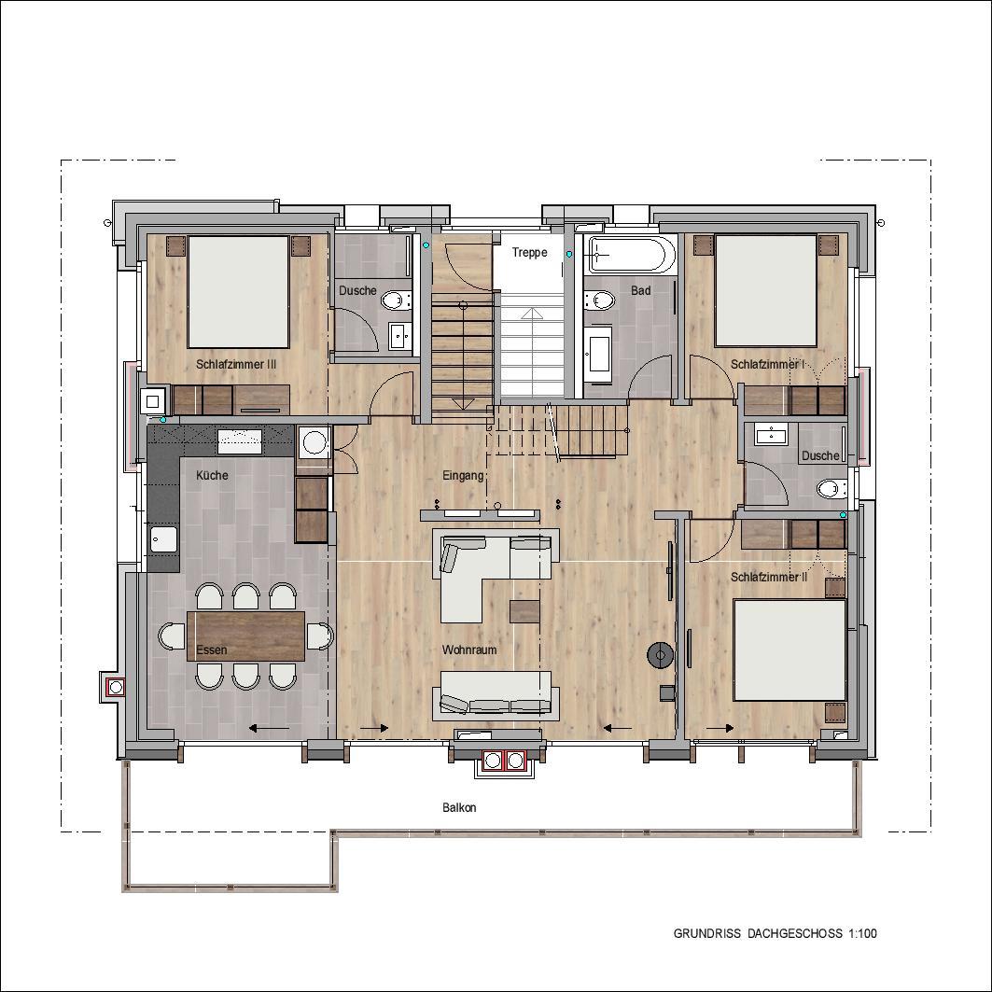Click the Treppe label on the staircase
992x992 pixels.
click(x=529, y=252)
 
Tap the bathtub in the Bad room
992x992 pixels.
click(x=627, y=255)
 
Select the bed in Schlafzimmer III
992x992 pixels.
click(x=239, y=292)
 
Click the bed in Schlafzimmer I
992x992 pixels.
click(x=765, y=290)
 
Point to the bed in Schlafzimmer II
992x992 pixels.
click(x=789, y=650)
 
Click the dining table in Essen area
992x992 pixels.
click(x=246, y=636)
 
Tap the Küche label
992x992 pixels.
click(x=212, y=475)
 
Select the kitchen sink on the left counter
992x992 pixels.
click(x=163, y=540)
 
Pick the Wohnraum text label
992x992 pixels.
click(x=469, y=650)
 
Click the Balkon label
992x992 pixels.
click(x=459, y=808)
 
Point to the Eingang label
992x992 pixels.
click(x=463, y=476)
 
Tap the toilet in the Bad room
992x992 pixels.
click(x=599, y=300)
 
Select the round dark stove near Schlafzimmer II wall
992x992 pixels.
click(x=661, y=654)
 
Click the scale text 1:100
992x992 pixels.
click(x=862, y=933)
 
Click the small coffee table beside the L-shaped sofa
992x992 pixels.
click(x=524, y=611)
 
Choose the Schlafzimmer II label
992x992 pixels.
click(x=769, y=577)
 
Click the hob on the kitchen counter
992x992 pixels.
click(x=240, y=441)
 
